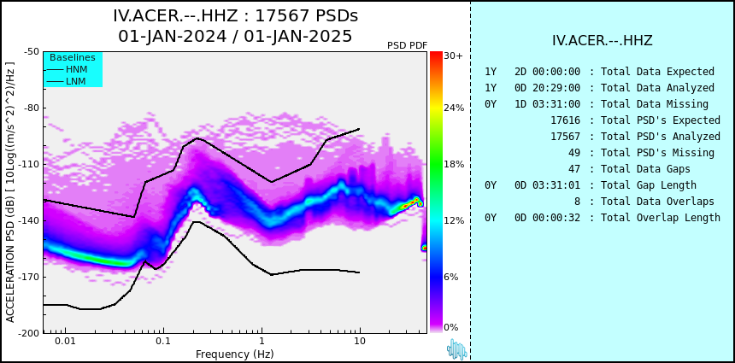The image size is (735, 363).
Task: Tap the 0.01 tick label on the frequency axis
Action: coord(66,341)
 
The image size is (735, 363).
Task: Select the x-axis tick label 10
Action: coord(360,341)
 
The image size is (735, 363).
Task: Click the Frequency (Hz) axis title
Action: coord(234,354)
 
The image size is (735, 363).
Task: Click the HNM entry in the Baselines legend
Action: coord(76,70)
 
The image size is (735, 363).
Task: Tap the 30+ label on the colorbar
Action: coord(453,56)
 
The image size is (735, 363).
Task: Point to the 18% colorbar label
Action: coord(454,164)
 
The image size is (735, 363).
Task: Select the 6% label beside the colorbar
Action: coord(451,277)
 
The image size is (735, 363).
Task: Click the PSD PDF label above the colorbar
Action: coord(407,45)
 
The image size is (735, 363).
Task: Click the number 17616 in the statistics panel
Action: coord(565,120)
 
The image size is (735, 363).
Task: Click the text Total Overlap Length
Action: coord(661,218)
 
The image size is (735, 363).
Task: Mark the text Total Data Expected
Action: coord(658,72)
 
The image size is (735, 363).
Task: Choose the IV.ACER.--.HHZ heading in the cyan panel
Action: coord(603,41)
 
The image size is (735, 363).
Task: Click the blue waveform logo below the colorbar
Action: coord(457,349)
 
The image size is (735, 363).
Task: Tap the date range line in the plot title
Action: coord(235,36)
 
